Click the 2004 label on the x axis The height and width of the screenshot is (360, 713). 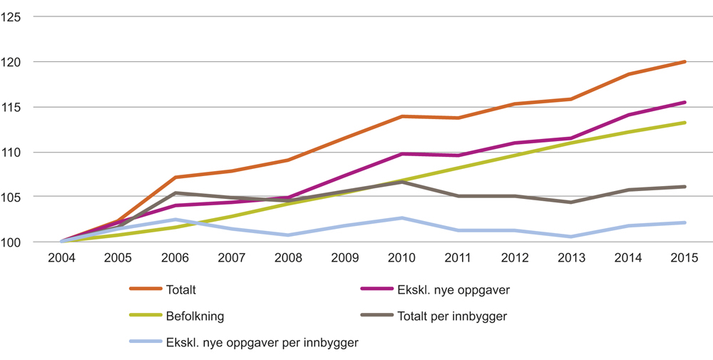pos(62,258)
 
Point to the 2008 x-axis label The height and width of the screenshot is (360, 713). pos(289,258)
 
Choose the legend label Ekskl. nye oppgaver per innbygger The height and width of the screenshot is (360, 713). pos(262,342)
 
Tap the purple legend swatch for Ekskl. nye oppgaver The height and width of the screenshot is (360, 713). pos(377,289)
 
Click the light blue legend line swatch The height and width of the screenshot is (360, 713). pos(145,342)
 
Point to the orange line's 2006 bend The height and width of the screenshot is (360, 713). pos(175,177)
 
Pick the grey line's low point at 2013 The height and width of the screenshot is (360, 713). pos(570,202)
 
